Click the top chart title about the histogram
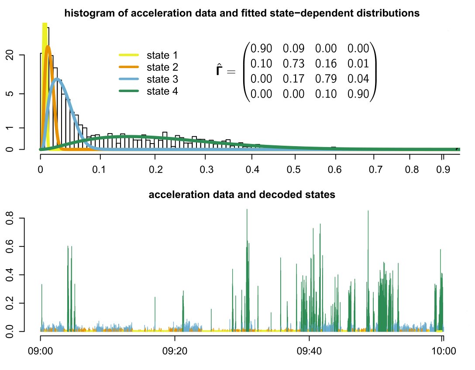[242, 13]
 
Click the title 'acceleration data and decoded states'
[242, 195]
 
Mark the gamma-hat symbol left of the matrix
[221, 70]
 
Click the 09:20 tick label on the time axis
[175, 351]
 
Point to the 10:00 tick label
[443, 351]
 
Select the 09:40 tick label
[309, 351]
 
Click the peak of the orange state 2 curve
[48, 46]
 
